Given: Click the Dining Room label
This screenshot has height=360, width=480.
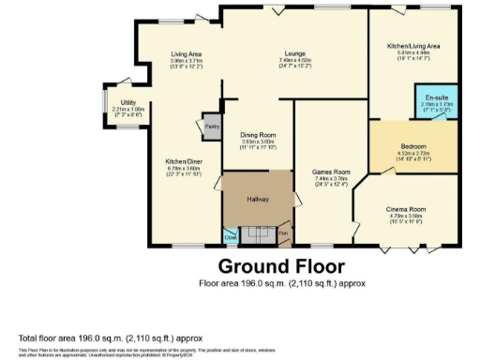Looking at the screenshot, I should click(257, 135).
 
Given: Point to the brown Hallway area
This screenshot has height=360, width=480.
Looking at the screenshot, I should click(257, 199).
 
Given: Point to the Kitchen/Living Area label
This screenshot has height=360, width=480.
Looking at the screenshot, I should click(413, 45).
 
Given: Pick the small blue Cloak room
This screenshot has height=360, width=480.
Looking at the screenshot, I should click(230, 237).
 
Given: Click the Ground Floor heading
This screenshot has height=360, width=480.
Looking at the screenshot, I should click(281, 266).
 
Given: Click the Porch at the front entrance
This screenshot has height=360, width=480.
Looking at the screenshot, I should click(283, 234).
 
